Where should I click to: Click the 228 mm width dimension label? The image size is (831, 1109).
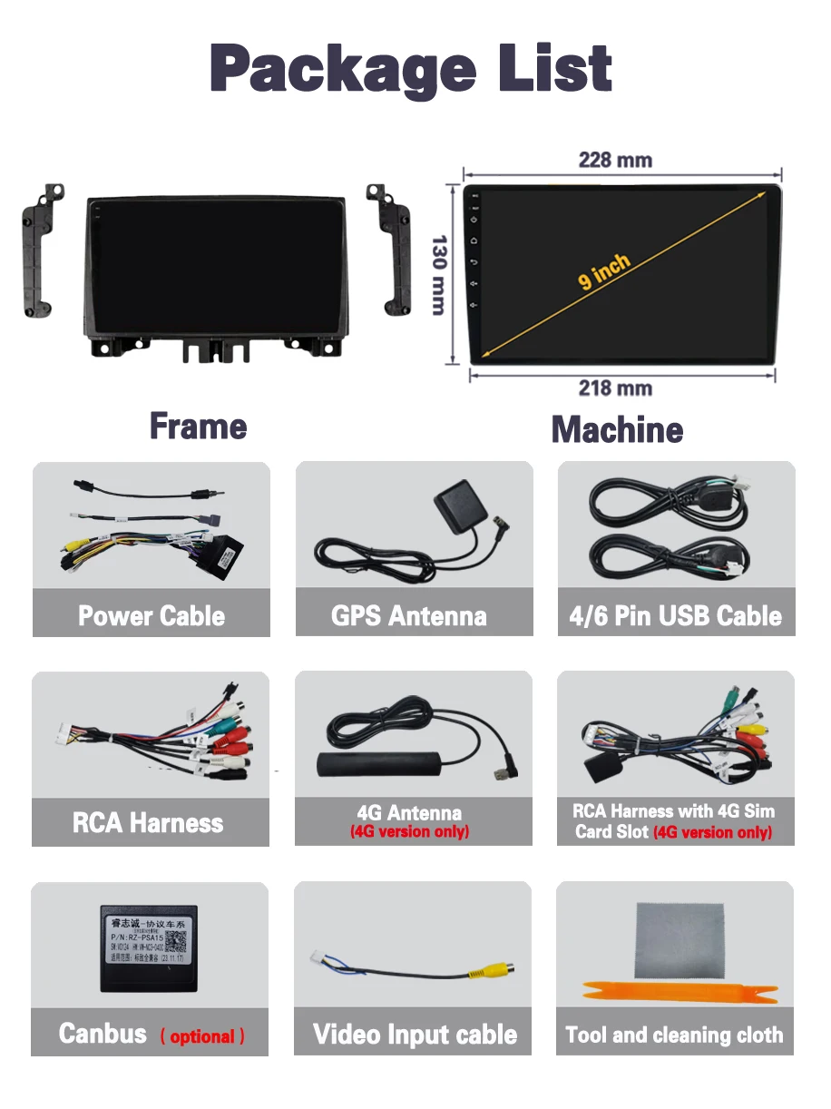(x=615, y=160)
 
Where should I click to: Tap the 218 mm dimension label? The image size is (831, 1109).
(x=615, y=388)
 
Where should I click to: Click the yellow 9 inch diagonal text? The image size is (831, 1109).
(x=603, y=272)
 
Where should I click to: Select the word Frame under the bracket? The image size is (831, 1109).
(x=198, y=426)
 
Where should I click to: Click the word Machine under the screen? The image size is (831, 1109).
(x=617, y=429)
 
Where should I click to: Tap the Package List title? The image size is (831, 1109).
(x=412, y=68)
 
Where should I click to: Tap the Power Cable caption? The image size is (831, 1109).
(x=152, y=616)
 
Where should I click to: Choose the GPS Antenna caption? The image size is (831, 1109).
(x=409, y=616)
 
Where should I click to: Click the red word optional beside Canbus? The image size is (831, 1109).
(x=202, y=1036)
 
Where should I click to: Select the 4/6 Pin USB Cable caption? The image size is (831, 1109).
(x=676, y=616)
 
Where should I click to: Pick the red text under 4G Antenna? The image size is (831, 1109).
(x=410, y=831)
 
